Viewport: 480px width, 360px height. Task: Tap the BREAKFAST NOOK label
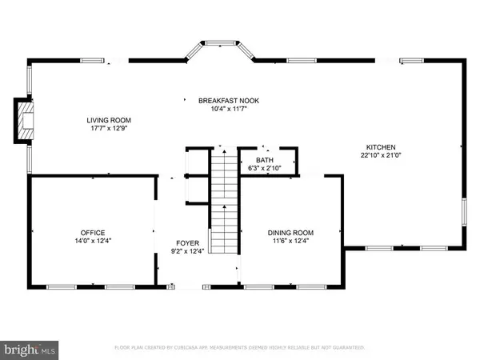point(228,100)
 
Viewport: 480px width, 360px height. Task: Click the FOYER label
point(187,242)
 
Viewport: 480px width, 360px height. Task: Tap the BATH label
point(266,160)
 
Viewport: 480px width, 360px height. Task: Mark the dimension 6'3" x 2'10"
point(266,168)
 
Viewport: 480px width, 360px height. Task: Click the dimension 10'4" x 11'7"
point(228,109)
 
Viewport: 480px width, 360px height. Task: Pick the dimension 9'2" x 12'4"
point(187,251)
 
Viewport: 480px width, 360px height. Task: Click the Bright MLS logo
point(30,349)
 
